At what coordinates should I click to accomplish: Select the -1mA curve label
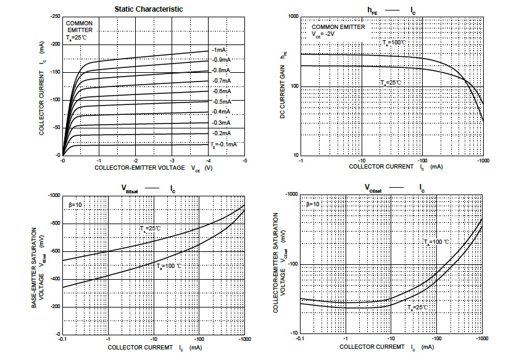click(218, 49)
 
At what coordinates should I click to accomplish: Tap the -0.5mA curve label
click(222, 101)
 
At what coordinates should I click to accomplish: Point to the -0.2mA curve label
click(222, 133)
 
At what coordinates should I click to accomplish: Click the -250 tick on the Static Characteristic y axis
click(55, 16)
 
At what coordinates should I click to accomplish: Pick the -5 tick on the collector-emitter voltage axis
click(245, 160)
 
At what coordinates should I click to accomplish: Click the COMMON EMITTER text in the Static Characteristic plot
click(80, 27)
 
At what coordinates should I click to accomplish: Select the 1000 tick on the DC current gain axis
click(290, 17)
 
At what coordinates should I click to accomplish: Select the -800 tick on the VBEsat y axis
click(53, 223)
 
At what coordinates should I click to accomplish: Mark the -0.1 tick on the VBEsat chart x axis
click(62, 339)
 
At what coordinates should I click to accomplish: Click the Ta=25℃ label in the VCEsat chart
click(417, 307)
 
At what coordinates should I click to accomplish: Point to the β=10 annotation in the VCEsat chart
click(313, 203)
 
